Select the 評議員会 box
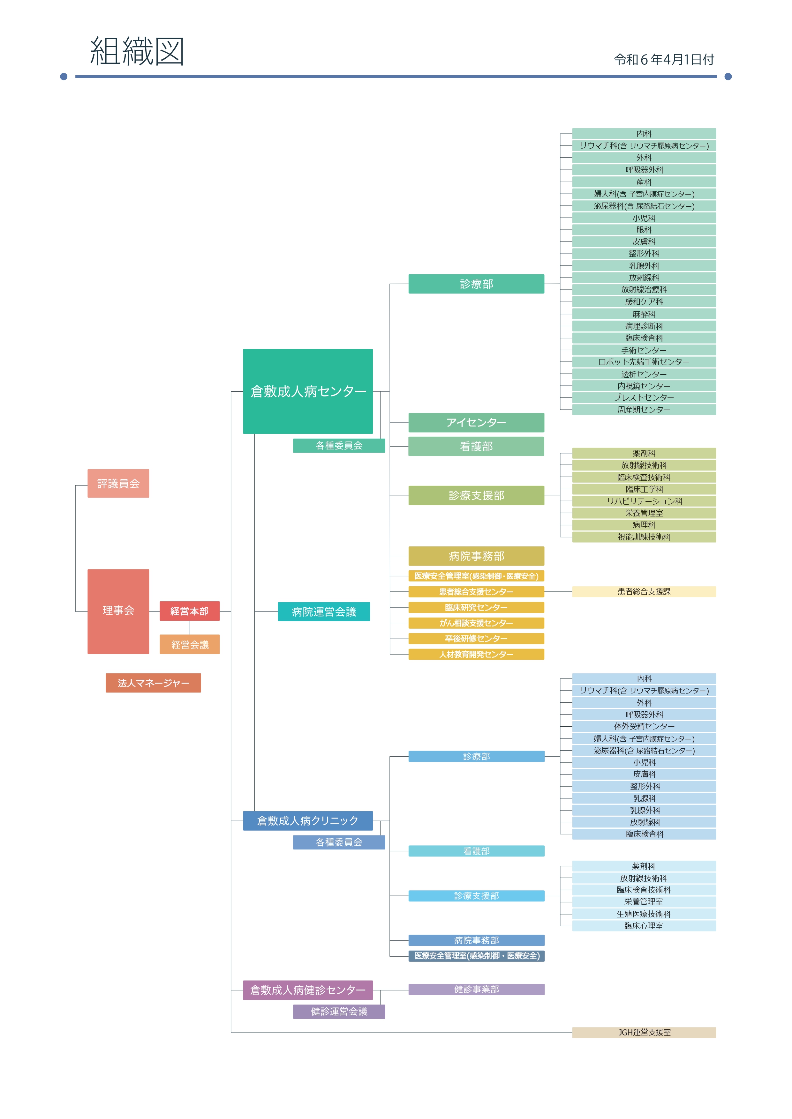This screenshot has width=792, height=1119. point(118,484)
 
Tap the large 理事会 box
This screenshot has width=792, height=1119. point(118,611)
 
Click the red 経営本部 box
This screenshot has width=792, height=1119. point(190,611)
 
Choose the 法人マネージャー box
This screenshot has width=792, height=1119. point(153,683)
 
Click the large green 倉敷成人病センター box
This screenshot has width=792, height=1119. point(308,391)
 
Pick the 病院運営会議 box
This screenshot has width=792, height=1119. point(324,611)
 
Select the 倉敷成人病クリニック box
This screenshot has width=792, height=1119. point(308,821)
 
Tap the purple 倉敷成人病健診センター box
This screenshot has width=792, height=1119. point(308,990)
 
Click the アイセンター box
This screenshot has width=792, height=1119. point(476,423)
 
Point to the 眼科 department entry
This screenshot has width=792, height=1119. point(644,230)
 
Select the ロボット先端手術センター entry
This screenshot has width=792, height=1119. point(644,362)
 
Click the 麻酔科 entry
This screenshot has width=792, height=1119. point(644,314)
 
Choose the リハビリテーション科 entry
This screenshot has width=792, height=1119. point(644,501)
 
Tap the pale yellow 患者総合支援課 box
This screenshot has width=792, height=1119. point(644,592)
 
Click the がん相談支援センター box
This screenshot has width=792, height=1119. point(476,623)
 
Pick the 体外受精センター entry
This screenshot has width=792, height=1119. point(644,726)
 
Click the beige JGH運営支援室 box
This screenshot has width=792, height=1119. point(644,1032)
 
